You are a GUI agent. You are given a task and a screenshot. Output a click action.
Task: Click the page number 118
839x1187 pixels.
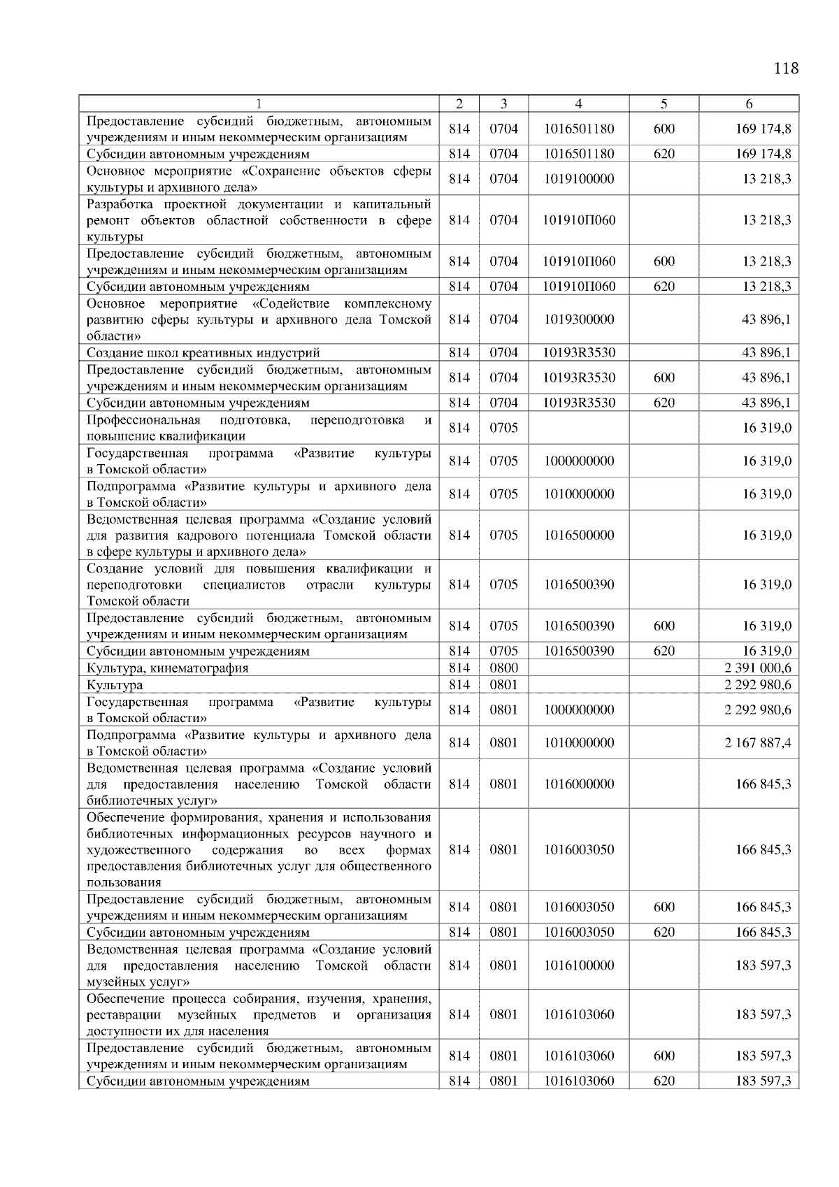(786, 69)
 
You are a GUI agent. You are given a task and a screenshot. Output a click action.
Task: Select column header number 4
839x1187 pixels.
(578, 103)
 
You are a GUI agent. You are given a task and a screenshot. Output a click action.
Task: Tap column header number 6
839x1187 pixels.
(749, 103)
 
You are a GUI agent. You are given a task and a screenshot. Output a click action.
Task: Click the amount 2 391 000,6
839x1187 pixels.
(758, 668)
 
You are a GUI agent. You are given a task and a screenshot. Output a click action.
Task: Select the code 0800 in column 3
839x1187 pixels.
(503, 668)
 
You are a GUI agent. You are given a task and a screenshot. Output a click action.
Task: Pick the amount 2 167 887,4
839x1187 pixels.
(758, 742)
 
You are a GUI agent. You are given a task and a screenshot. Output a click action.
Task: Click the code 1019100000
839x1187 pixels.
(579, 179)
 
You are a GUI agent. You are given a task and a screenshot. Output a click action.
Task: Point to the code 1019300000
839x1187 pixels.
(579, 319)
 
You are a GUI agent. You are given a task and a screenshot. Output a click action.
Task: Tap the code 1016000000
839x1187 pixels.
(579, 784)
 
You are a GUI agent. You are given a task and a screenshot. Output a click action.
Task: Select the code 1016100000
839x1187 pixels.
(579, 965)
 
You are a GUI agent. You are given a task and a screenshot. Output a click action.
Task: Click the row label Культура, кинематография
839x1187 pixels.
(167, 668)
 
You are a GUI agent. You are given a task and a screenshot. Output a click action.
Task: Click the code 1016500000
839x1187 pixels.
(579, 535)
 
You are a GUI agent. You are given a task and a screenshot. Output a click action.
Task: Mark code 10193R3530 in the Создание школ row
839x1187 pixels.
(579, 353)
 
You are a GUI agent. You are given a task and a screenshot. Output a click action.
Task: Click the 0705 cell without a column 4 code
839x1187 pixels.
(503, 428)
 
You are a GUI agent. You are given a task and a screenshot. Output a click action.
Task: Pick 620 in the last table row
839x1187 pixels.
(664, 1081)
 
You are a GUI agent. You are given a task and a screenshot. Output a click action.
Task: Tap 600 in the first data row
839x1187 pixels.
(664, 129)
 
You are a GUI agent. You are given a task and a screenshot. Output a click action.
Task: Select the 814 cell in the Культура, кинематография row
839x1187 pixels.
(459, 668)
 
